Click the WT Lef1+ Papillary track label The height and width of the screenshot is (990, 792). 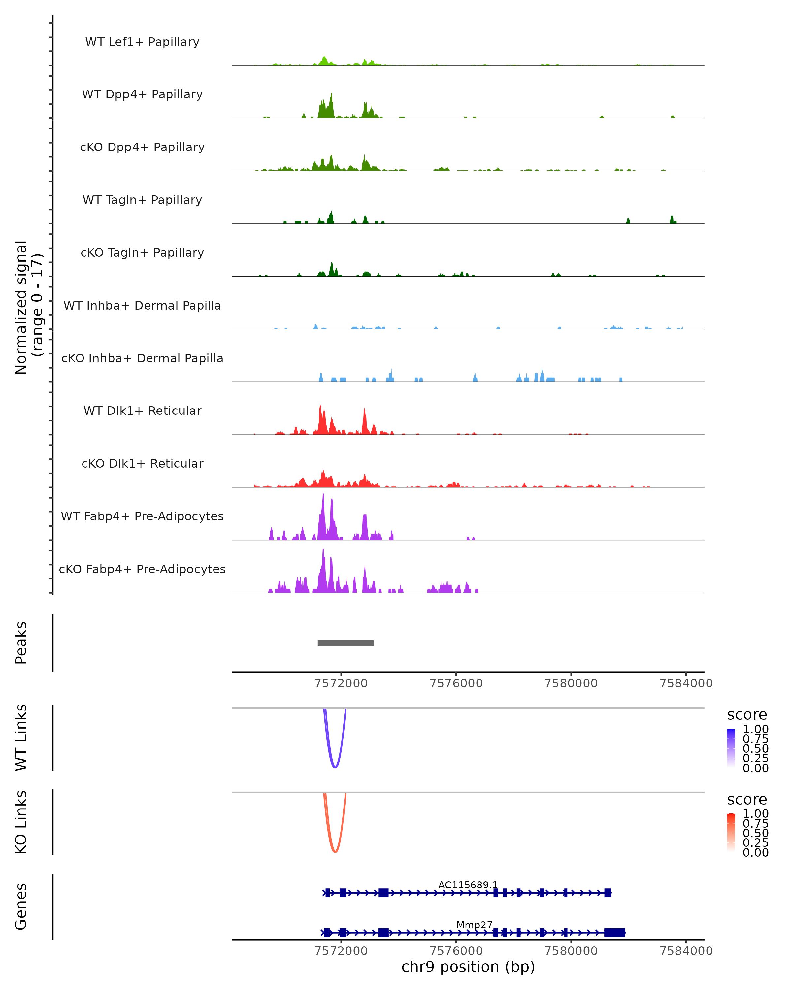142,42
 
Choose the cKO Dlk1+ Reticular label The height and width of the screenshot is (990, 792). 142,463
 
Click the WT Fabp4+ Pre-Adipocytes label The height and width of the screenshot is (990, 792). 142,516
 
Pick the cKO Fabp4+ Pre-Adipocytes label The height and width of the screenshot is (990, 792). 142,569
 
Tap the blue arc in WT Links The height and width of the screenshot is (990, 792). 335,767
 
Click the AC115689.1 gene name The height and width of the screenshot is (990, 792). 467,885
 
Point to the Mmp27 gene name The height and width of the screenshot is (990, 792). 474,925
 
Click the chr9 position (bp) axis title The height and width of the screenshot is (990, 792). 468,967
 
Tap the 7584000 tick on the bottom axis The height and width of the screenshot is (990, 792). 686,950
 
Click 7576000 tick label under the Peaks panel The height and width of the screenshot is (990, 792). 456,683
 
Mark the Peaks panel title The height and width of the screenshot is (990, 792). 21,643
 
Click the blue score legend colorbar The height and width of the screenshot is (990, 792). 731,747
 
